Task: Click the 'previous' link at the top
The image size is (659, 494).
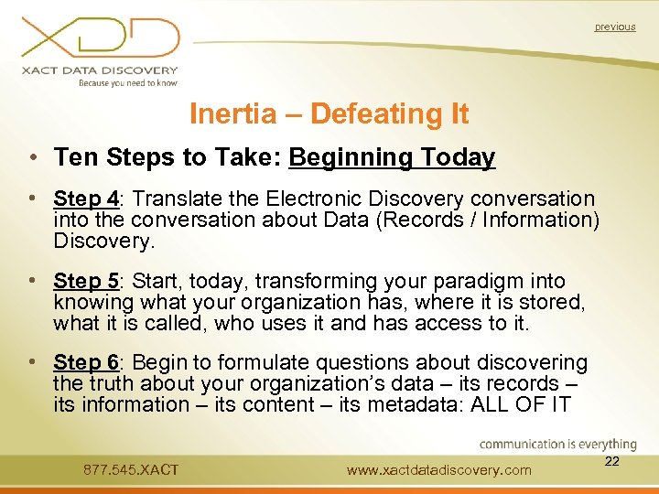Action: pyautogui.click(x=614, y=27)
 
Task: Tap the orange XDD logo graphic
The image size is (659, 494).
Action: pyautogui.click(x=101, y=38)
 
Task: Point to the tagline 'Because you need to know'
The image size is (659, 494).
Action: pyautogui.click(x=127, y=82)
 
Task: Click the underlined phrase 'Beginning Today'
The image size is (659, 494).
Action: pyautogui.click(x=392, y=158)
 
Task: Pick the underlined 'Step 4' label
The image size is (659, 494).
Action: pyautogui.click(x=86, y=199)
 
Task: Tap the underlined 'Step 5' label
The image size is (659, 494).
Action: pyautogui.click(x=86, y=282)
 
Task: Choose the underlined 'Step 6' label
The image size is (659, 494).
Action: pyautogui.click(x=86, y=364)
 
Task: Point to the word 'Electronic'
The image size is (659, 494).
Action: pyautogui.click(x=312, y=199)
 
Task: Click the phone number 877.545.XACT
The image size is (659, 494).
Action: pyautogui.click(x=131, y=470)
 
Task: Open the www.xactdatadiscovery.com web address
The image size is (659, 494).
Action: pyautogui.click(x=439, y=470)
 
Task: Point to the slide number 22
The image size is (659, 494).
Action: pyautogui.click(x=612, y=462)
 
